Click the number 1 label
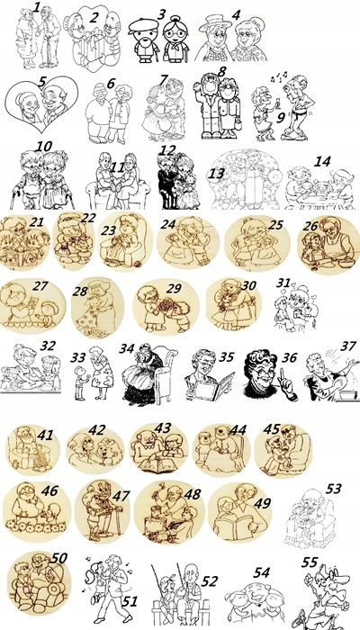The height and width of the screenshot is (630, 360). click(x=37, y=7)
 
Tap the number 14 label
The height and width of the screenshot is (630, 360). click(x=322, y=161)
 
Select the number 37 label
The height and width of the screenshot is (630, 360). click(x=347, y=346)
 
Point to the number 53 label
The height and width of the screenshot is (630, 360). click(x=334, y=488)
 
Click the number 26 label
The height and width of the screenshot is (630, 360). click(x=310, y=226)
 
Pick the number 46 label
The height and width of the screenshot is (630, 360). click(x=49, y=490)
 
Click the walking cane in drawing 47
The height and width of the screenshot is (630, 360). click(x=118, y=519)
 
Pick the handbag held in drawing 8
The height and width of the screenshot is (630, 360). click(x=238, y=124)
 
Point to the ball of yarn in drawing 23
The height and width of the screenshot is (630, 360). click(x=138, y=264)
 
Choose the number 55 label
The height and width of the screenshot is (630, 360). click(x=310, y=562)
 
